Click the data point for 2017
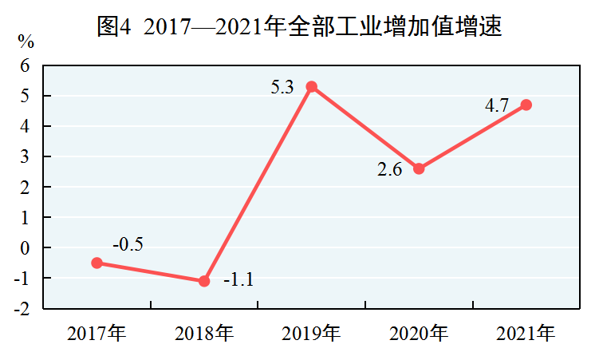coord(97,263)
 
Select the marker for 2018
coord(204,281)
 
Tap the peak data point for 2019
coord(312,87)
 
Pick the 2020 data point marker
coord(419,168)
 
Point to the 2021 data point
coord(526,105)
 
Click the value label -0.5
coord(128,244)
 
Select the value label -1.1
coord(238,279)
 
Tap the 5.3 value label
coord(282,87)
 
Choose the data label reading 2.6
coord(390,169)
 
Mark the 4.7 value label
coord(497,105)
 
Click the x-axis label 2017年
coord(97,333)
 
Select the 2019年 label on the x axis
coord(311,333)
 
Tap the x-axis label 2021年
coord(526,333)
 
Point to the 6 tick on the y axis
coord(25,65)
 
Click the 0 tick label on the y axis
coord(25,248)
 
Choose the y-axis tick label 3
coord(25,156)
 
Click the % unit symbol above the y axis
coord(26,42)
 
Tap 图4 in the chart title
coord(114,26)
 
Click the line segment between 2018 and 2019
coord(258,184)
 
